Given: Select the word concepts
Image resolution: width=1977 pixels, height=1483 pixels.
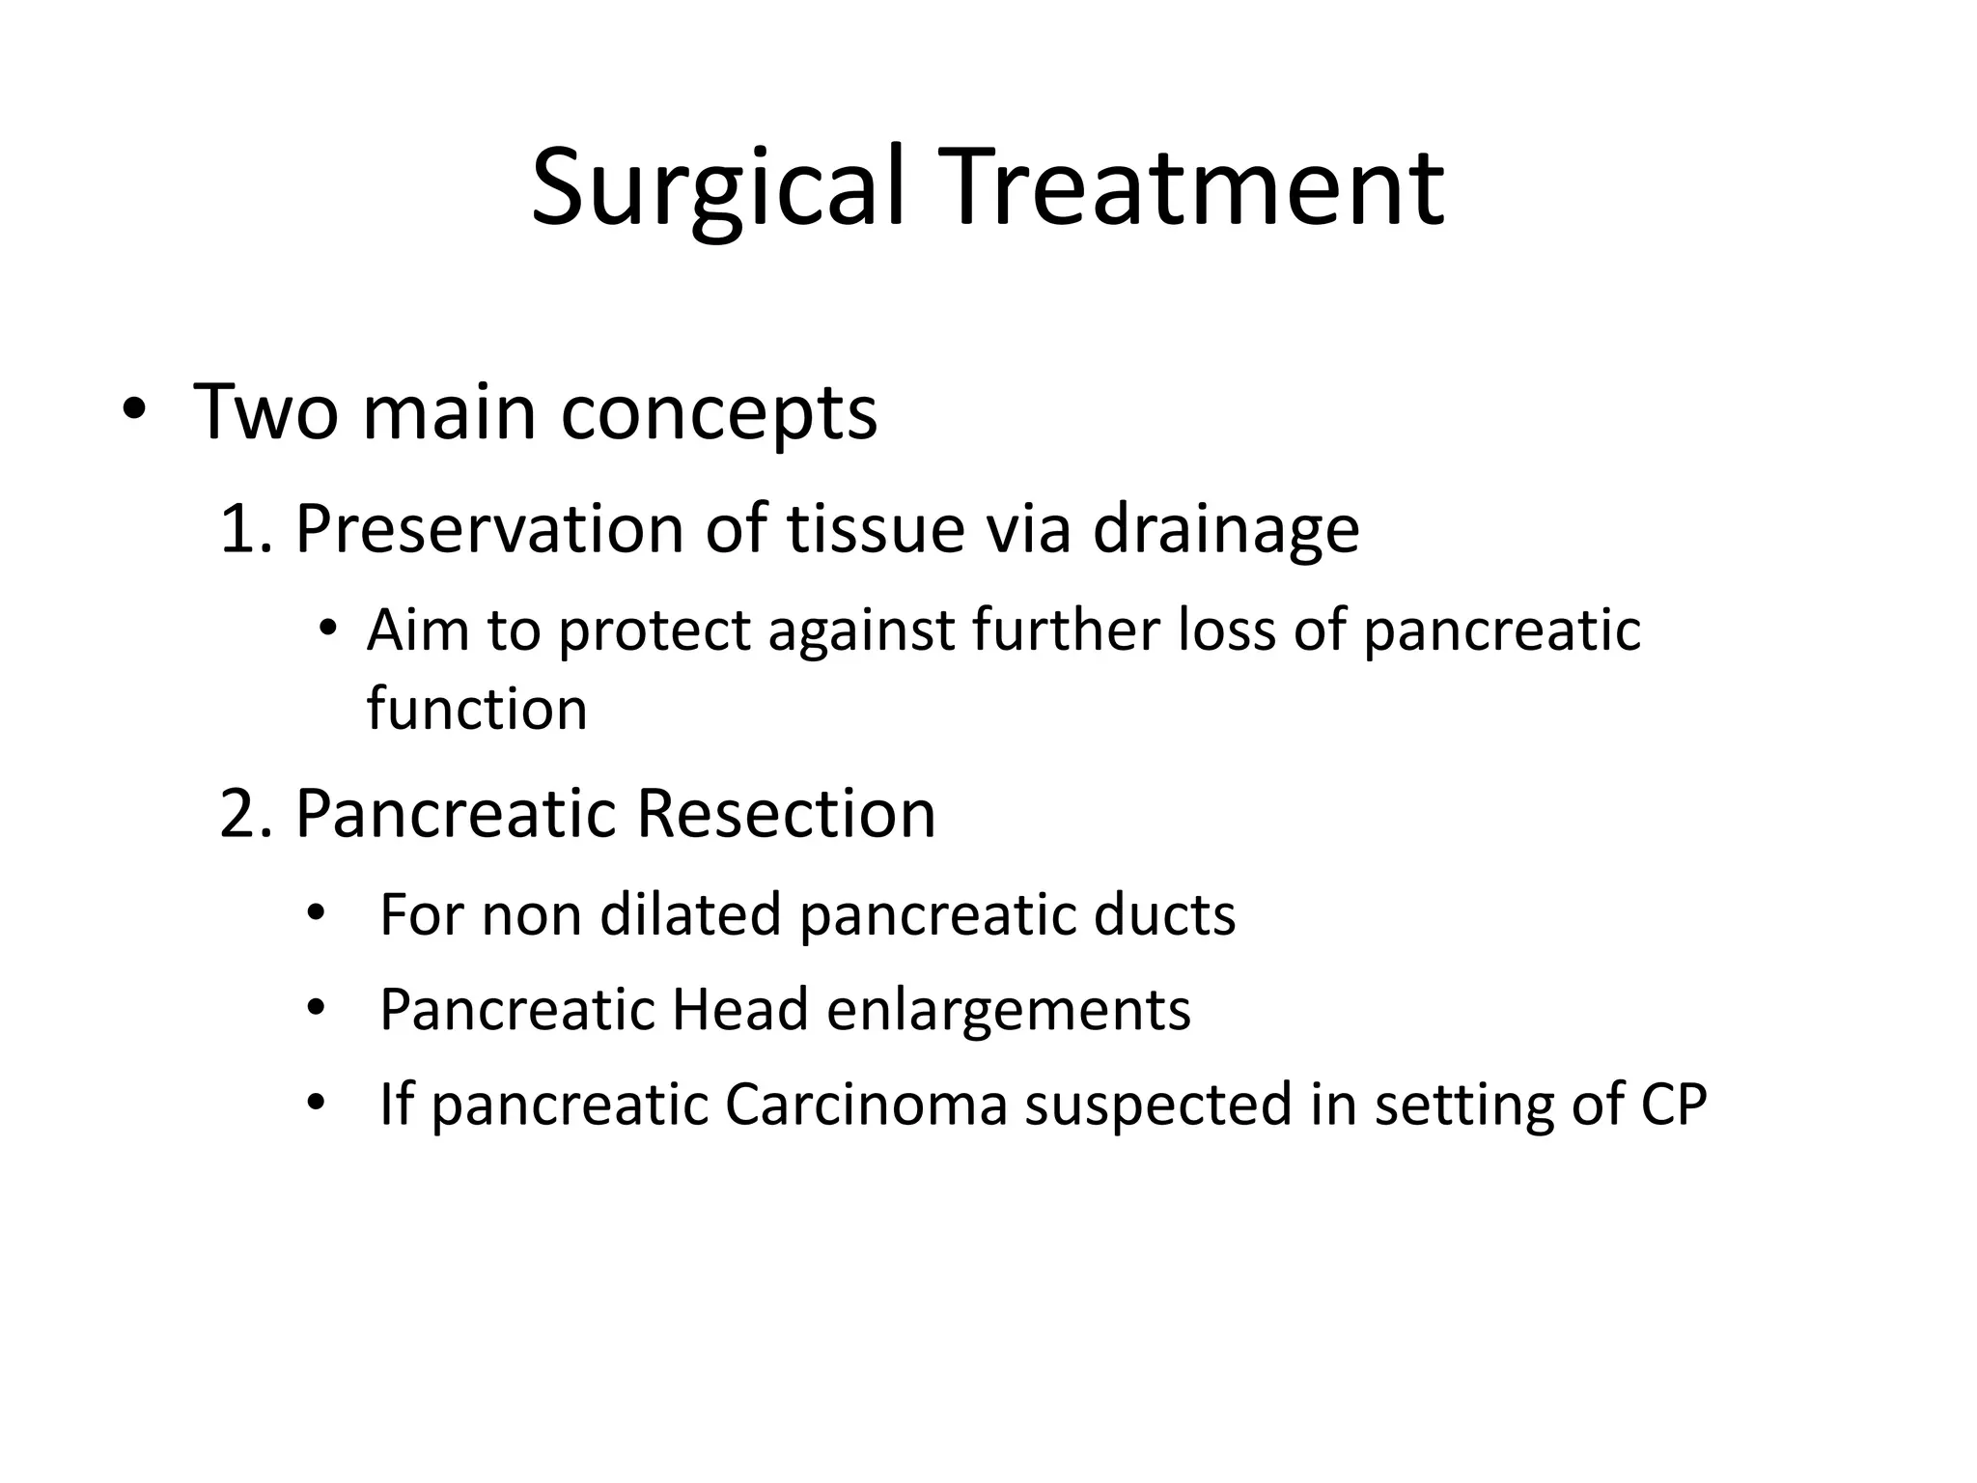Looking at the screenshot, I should [719, 413].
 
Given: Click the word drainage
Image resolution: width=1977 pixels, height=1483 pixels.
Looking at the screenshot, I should [1225, 530].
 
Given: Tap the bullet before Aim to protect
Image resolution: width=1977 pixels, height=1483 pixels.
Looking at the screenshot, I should [328, 630].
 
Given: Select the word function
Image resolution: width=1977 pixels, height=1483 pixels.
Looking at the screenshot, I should [477, 710].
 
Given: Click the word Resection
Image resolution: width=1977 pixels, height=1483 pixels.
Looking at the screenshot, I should [786, 814].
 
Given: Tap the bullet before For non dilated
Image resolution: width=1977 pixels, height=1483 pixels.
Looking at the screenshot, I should [315, 913].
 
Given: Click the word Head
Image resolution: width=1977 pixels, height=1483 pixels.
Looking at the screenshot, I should [739, 1010].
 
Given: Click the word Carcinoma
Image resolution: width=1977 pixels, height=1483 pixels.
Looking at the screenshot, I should [866, 1105].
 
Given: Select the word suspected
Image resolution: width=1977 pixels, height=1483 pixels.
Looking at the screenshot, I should [1157, 1106].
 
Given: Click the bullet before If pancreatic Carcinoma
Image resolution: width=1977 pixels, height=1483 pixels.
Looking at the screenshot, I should [315, 1103].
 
